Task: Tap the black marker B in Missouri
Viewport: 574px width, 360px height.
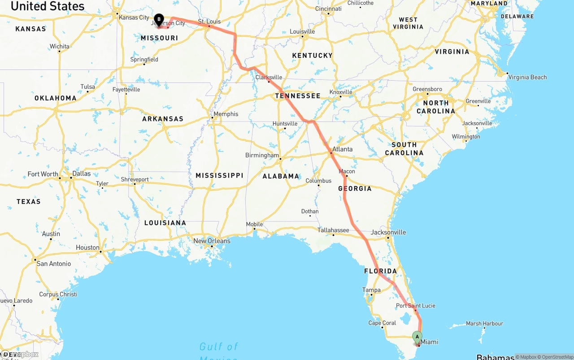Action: coord(159,20)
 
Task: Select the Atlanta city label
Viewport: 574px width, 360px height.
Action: coord(342,149)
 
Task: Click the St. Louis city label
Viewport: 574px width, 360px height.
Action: coord(209,21)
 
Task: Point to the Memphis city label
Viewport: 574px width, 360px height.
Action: coord(226,114)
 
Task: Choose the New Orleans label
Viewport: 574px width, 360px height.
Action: coord(212,241)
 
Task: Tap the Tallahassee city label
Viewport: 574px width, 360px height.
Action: coord(333,230)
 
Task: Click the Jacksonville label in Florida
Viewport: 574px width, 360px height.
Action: coord(388,232)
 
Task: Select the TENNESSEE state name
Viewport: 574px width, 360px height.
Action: coord(298,96)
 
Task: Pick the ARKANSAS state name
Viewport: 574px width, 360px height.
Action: coord(163,119)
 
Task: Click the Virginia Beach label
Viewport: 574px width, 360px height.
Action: coord(527,77)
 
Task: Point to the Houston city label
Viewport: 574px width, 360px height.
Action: coord(87,247)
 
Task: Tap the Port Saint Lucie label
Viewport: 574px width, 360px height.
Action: coord(415,306)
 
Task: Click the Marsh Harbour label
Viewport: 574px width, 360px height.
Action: coord(484,323)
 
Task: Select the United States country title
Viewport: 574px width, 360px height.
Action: coord(48,6)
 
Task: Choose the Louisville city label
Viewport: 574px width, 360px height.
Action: coord(302,31)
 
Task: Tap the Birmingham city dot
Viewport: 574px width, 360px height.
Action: coord(280,159)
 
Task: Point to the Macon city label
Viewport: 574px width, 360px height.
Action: coord(347,171)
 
